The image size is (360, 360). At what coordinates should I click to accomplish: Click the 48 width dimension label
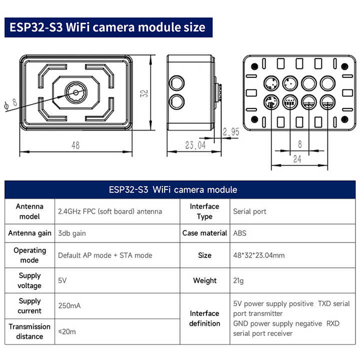[x=75, y=145]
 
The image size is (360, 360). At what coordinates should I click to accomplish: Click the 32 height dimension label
[x=144, y=93]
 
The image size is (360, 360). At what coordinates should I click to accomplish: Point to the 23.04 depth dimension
[x=195, y=145]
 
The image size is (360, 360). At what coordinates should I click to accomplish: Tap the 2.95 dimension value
[x=231, y=132]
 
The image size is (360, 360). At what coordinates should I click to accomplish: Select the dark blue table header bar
[x=179, y=189]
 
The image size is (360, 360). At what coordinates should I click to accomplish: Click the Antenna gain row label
[x=29, y=233]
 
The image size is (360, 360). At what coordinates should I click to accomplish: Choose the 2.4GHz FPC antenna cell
[x=110, y=211]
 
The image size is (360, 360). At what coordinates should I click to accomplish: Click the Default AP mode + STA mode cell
[x=105, y=255]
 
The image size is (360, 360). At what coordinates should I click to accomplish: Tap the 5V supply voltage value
[x=62, y=280]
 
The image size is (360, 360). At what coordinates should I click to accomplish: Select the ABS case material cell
[x=240, y=233]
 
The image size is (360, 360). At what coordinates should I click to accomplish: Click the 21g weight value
[x=239, y=280]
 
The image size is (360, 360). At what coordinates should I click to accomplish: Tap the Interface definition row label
[x=204, y=318]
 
